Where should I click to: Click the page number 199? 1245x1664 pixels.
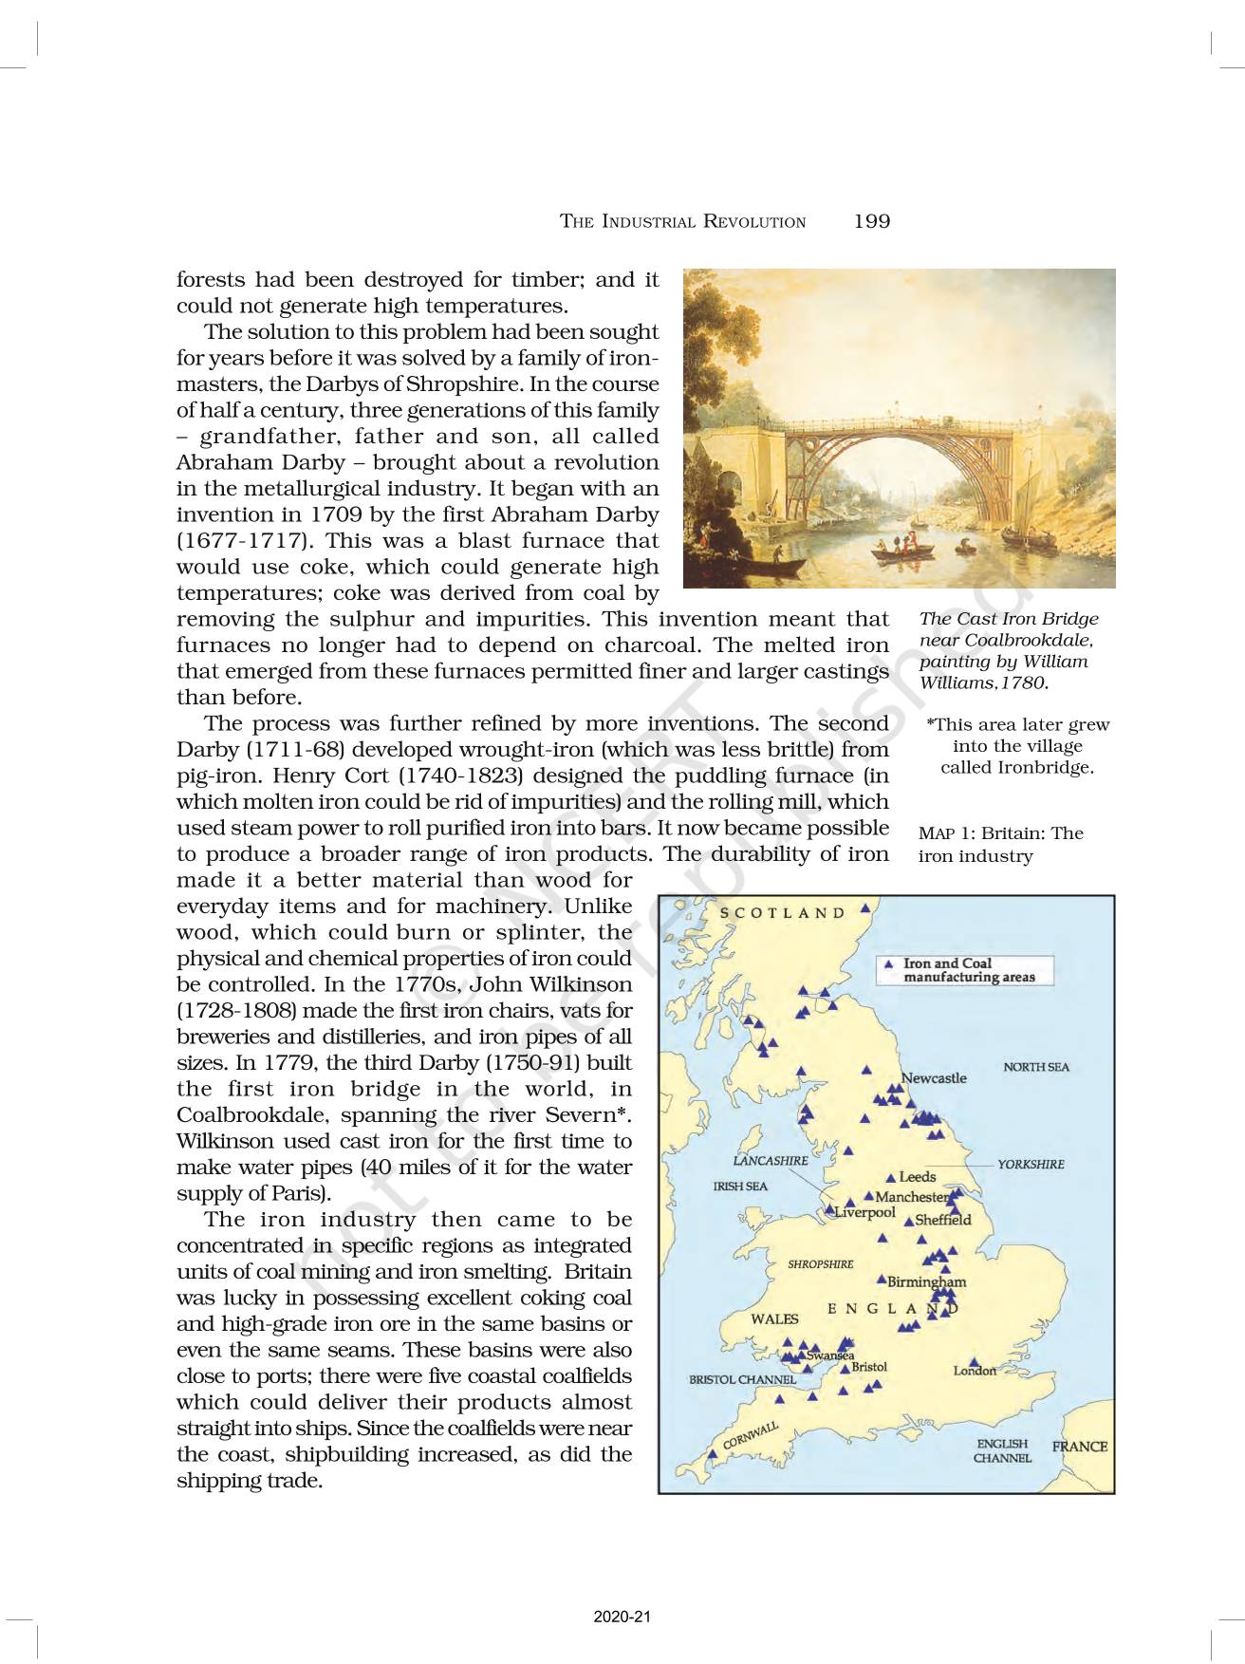(x=871, y=221)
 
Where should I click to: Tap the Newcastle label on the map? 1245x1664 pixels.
(x=935, y=1078)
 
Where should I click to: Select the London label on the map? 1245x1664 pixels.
(x=976, y=1371)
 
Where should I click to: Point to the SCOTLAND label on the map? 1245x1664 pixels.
(x=782, y=913)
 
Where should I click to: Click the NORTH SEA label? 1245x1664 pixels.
(x=1035, y=1067)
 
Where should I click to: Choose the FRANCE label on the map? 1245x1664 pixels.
(x=1080, y=1447)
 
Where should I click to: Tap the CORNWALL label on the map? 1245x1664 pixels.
(x=751, y=1434)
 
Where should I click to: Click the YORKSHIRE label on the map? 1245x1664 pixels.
(x=1031, y=1164)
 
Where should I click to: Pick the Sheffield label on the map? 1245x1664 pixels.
(x=942, y=1220)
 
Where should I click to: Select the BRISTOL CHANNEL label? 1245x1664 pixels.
(x=742, y=1379)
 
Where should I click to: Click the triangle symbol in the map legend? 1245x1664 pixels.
(x=889, y=963)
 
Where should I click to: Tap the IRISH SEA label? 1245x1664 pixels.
(x=740, y=1187)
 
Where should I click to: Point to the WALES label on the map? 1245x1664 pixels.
(x=774, y=1318)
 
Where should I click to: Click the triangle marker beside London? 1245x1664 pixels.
(x=974, y=1362)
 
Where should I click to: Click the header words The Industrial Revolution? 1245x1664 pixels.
(x=682, y=222)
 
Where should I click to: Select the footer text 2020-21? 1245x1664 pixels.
(x=622, y=1617)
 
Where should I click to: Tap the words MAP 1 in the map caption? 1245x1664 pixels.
(x=946, y=833)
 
